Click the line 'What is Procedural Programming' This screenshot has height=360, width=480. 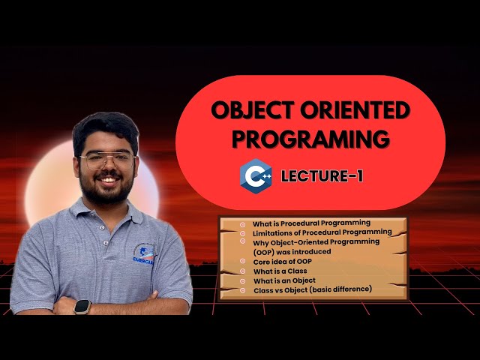click(x=311, y=223)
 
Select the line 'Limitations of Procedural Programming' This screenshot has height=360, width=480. click(x=322, y=232)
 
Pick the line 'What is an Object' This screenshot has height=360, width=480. click(x=284, y=280)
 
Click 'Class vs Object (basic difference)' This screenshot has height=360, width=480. click(x=313, y=289)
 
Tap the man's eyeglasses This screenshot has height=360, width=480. click(x=106, y=160)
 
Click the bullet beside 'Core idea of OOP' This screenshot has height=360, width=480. click(x=243, y=262)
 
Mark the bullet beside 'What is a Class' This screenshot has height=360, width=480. click(x=243, y=271)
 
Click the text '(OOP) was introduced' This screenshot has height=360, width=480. click(x=292, y=252)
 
